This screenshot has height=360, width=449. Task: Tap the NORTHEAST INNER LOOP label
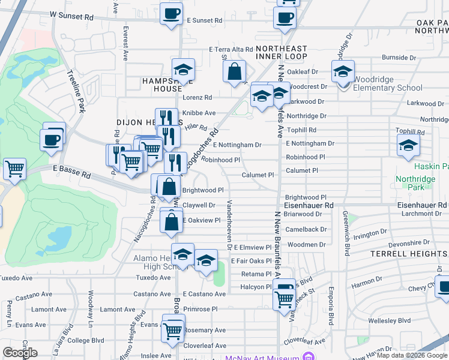[281, 52]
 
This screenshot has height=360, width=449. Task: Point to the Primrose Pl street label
[200, 309]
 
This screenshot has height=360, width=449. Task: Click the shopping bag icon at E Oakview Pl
[172, 221]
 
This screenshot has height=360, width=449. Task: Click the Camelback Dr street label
[306, 229]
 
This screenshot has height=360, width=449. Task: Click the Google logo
[20, 353]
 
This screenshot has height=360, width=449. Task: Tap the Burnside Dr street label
[399, 58]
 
